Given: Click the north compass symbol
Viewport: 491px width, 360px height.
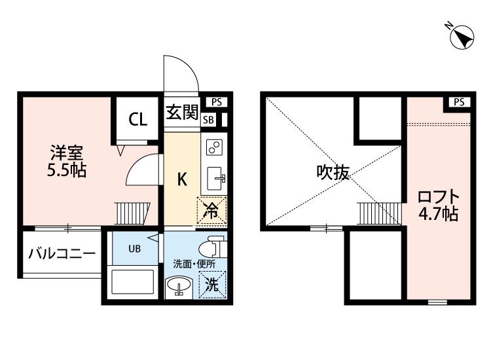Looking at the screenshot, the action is [462, 37].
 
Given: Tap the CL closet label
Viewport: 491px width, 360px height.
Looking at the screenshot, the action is [137, 119].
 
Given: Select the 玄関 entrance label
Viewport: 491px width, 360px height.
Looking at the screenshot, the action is [182, 112].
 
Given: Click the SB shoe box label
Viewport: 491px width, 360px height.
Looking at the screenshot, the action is [208, 120].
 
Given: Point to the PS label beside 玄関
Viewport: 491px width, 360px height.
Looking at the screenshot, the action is [217, 102].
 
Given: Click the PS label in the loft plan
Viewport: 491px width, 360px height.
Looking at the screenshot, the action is [459, 102].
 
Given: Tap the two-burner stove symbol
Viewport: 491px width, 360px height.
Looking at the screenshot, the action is [214, 147].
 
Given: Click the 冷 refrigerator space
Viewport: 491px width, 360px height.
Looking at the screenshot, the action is [211, 211].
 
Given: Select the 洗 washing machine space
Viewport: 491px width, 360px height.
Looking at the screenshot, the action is [213, 285].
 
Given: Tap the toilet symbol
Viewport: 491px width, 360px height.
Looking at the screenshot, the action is [213, 246].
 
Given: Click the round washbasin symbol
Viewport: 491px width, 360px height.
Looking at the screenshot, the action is [179, 285].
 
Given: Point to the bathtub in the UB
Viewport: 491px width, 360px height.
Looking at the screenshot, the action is [132, 281].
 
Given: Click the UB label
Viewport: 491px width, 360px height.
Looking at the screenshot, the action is [135, 249].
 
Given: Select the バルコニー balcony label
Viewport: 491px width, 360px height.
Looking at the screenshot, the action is [62, 253].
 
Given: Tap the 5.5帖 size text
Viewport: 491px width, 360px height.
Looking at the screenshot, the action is [67, 170].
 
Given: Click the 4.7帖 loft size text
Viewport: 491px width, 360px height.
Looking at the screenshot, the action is [439, 214].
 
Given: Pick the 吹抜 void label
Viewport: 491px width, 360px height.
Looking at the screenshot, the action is [333, 172].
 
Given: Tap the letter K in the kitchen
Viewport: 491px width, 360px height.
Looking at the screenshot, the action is [182, 180].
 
